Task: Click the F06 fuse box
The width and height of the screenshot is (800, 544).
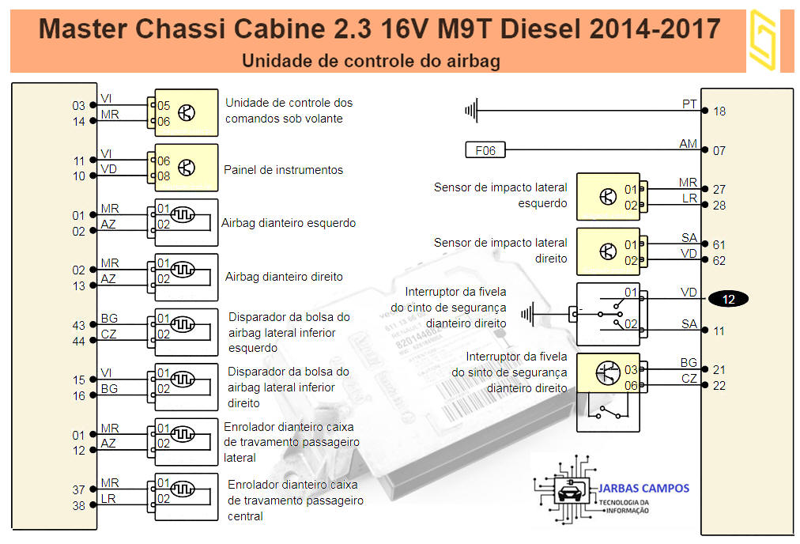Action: [x=485, y=149]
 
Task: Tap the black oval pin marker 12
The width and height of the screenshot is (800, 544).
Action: [x=728, y=299]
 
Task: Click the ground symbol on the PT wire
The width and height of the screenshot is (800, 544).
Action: [x=472, y=111]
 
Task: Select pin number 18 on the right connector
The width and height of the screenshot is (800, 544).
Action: [x=719, y=111]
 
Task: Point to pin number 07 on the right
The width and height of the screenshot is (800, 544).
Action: [x=719, y=150]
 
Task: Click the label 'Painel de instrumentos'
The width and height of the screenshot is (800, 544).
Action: [x=285, y=170]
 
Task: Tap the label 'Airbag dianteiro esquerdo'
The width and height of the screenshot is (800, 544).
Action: [x=289, y=223]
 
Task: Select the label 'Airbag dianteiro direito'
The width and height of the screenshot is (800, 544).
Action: [x=284, y=277]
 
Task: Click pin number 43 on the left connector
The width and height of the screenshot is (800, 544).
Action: [x=78, y=326]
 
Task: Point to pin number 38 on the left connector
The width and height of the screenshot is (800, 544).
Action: [x=78, y=506]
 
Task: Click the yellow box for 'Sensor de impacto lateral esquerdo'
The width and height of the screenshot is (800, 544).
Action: [x=607, y=197]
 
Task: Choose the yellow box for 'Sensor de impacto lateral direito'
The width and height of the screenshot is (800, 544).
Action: [x=607, y=251]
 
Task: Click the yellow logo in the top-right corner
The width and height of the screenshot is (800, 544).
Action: [x=762, y=40]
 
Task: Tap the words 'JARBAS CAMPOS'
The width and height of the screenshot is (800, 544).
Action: [x=643, y=488]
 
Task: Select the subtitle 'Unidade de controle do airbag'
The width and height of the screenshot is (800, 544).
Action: [x=370, y=60]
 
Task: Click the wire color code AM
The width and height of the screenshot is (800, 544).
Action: [x=688, y=144]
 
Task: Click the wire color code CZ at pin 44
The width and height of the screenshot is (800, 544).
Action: [x=108, y=334]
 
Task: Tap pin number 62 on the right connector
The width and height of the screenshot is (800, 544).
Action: [x=719, y=260]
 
